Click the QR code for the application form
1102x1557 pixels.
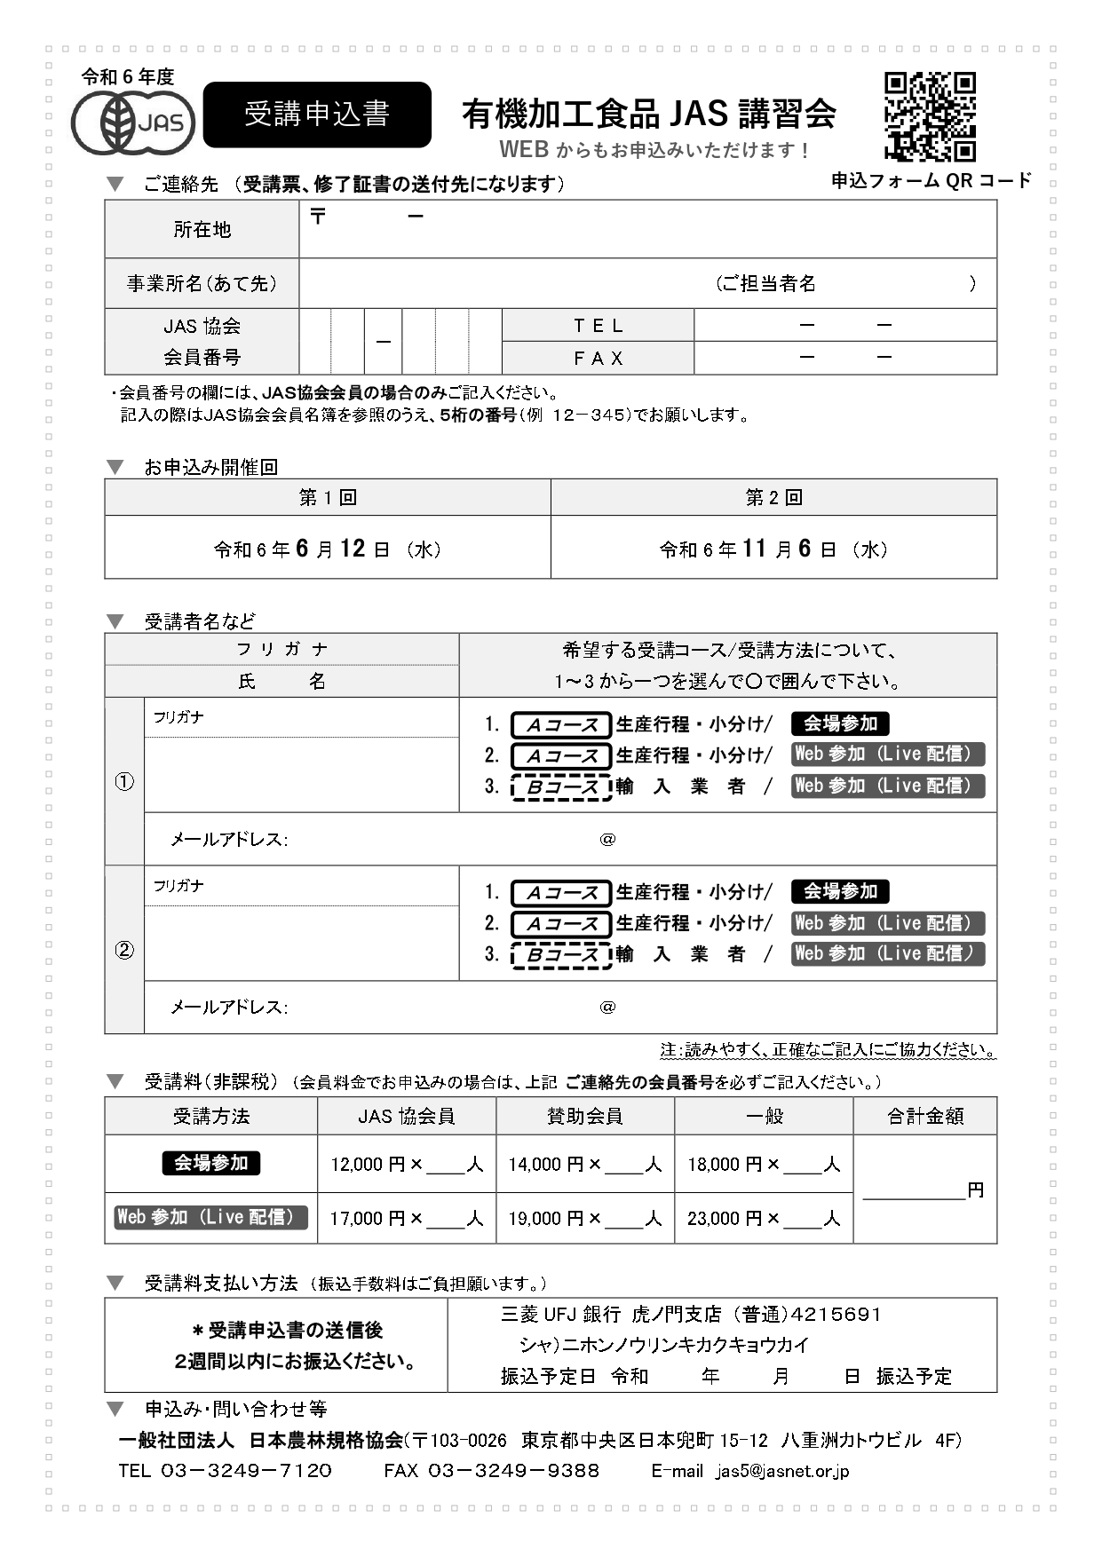[930, 116]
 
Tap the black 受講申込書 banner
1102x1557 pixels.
[317, 115]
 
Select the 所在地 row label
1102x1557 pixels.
[202, 230]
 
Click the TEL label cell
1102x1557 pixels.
[598, 326]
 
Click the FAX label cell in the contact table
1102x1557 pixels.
[598, 359]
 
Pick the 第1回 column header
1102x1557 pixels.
[328, 498]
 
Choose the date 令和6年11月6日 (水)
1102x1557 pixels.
[773, 549]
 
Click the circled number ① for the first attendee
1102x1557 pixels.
[124, 782]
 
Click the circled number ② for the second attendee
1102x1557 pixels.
[124, 951]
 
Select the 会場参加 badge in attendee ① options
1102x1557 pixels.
[840, 724]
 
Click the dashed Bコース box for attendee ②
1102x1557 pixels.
[561, 955]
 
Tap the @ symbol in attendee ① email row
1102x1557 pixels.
[607, 840]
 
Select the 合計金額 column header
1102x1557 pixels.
[924, 1117]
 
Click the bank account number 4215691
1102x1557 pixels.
[835, 1315]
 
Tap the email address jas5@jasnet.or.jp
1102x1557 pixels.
[782, 1471]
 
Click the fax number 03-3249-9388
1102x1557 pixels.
[513, 1471]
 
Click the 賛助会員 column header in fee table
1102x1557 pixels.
[584, 1117]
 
